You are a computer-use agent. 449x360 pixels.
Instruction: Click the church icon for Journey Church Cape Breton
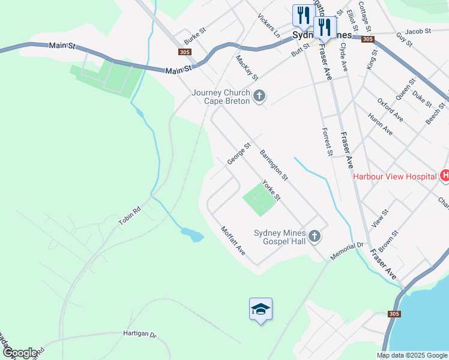(259, 96)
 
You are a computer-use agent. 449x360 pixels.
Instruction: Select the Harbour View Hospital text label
(394, 176)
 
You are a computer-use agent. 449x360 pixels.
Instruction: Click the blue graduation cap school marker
(261, 309)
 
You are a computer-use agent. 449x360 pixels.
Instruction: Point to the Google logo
(20, 353)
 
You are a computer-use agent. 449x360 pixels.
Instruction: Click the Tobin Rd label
(129, 216)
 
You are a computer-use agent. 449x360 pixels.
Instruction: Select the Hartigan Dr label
(139, 335)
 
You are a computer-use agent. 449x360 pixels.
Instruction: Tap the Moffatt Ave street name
(233, 240)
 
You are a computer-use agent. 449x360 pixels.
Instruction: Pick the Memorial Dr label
(348, 251)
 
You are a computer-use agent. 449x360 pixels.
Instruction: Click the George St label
(238, 154)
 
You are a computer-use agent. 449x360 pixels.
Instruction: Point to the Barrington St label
(274, 165)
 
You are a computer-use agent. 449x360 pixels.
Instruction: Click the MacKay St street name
(247, 68)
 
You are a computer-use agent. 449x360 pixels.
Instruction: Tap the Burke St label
(195, 37)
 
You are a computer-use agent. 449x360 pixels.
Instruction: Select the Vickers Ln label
(268, 23)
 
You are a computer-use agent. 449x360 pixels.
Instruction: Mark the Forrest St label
(327, 142)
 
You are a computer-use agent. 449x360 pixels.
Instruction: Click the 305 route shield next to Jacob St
(368, 39)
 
